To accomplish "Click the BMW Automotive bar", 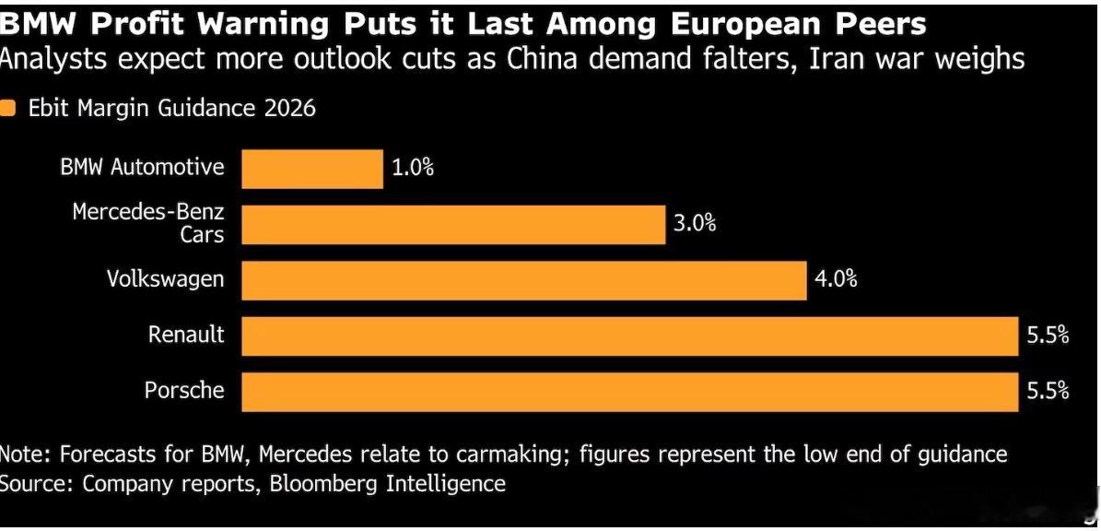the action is [312, 169].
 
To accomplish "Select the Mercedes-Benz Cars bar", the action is [453, 225].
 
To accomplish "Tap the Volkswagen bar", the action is [524, 280].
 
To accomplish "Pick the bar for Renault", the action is [630, 336].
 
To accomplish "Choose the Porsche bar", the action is [630, 392].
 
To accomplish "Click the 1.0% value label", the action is [412, 169].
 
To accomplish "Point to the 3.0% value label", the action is [695, 224].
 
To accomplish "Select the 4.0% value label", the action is [836, 279].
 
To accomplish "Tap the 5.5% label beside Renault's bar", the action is [1048, 336].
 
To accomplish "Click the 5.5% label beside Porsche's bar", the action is [1048, 391].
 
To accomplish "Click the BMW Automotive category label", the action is [143, 167].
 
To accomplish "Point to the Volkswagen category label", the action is [166, 278].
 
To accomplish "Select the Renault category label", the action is [186, 335].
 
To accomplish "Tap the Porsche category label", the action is [184, 390].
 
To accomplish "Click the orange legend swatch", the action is [7, 110].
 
